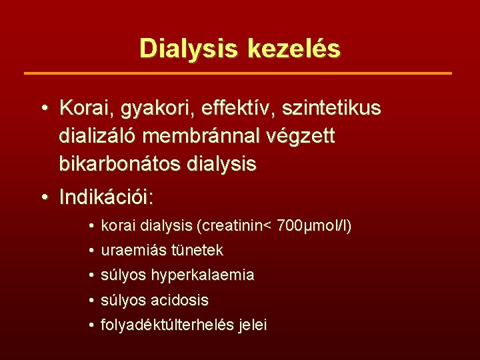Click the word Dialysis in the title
pyautogui.click(x=190, y=49)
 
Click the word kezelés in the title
pyautogui.click(x=293, y=49)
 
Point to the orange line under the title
pyautogui.click(x=238, y=73)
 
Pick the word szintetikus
pyautogui.click(x=329, y=107)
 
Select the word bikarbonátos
pyautogui.click(x=119, y=164)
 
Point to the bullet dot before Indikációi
pyautogui.click(x=44, y=198)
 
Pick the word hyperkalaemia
pyautogui.click(x=203, y=275)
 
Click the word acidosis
pyautogui.click(x=180, y=300)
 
